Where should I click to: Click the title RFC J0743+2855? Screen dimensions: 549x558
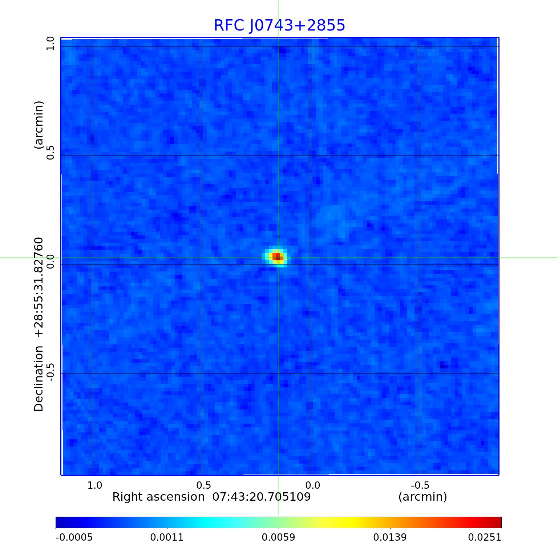279,25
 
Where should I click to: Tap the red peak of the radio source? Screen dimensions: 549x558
278,257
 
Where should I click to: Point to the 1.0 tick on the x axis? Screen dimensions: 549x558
95,485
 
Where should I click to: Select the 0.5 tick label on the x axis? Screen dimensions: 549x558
203,485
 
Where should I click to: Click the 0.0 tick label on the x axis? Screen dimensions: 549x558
312,485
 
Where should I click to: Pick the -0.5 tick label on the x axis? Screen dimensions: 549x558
420,485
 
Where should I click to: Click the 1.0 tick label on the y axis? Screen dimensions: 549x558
50,44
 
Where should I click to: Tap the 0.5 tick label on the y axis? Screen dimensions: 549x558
50,152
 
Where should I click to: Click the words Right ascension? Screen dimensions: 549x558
158,497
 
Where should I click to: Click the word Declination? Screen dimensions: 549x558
39,378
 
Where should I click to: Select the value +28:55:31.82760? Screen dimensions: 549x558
39,287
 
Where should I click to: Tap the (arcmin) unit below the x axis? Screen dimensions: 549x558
422,497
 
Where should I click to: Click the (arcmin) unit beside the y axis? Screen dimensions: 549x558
39,125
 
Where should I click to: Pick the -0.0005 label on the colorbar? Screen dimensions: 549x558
74,537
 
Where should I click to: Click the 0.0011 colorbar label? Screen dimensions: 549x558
167,537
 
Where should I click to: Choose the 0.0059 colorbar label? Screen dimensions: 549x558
279,537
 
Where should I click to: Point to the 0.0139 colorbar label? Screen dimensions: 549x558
390,537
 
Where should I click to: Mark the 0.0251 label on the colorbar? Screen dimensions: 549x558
485,537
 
